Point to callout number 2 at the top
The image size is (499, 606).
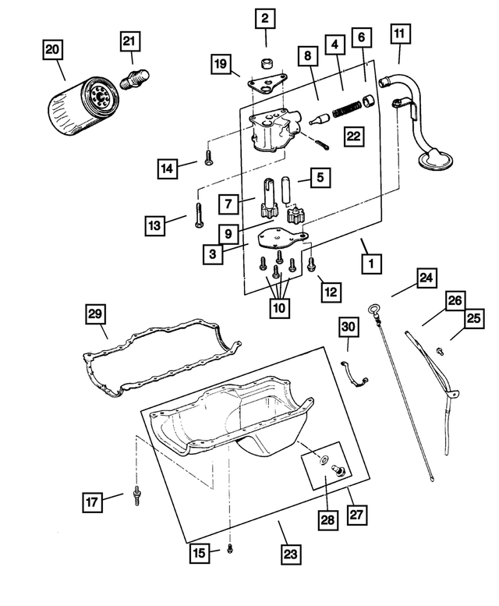[265, 18]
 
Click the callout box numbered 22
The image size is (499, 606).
[354, 136]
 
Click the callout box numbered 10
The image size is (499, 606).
[278, 307]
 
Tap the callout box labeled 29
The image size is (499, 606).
[95, 314]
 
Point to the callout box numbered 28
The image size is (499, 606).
[328, 518]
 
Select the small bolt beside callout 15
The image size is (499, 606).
[229, 549]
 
